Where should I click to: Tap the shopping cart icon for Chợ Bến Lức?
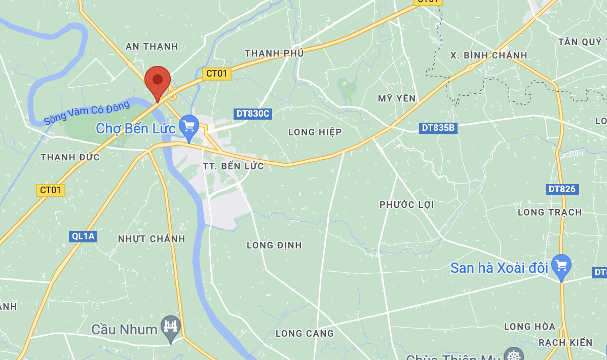pos(189,125)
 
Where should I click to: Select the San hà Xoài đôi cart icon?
pos(561,265)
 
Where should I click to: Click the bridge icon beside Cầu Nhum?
pos(171,326)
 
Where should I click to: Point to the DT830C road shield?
pos(253,114)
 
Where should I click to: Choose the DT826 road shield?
pos(562,189)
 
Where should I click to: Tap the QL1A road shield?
pos(83,236)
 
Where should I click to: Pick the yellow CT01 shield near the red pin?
pos(217,74)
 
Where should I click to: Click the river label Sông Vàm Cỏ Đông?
pos(86,113)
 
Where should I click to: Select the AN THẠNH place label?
pos(152,47)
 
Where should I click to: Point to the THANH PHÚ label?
pos(274,53)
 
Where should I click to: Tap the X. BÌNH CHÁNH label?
pos(488,55)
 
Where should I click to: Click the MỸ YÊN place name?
pos(397,98)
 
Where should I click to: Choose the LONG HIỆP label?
pos(315,132)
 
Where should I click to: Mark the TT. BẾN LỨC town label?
pos(233,166)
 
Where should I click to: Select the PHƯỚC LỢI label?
pos(407,205)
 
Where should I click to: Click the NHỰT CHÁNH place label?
pos(151,239)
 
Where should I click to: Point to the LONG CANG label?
pos(305,333)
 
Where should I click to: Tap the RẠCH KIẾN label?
pos(565,343)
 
